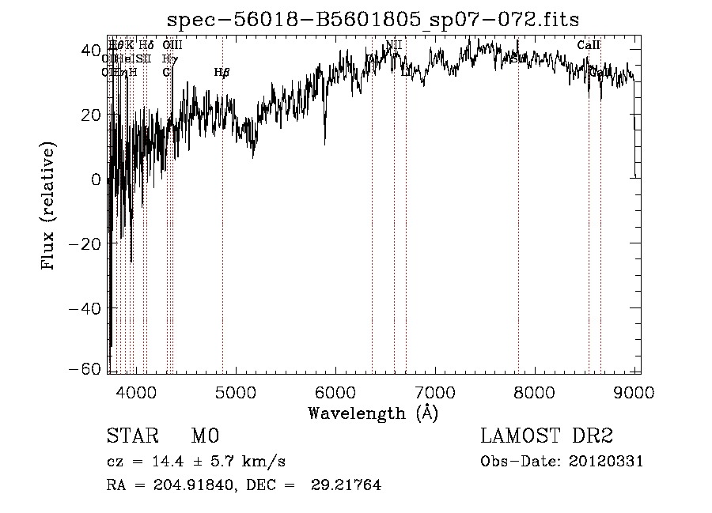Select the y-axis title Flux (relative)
click(x=50, y=207)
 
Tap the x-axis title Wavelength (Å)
click(x=373, y=413)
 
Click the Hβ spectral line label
click(x=222, y=73)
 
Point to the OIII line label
click(x=172, y=45)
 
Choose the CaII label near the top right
click(x=589, y=45)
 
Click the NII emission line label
click(x=394, y=45)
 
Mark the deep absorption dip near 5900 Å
click(x=325, y=143)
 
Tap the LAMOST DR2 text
click(x=547, y=436)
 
